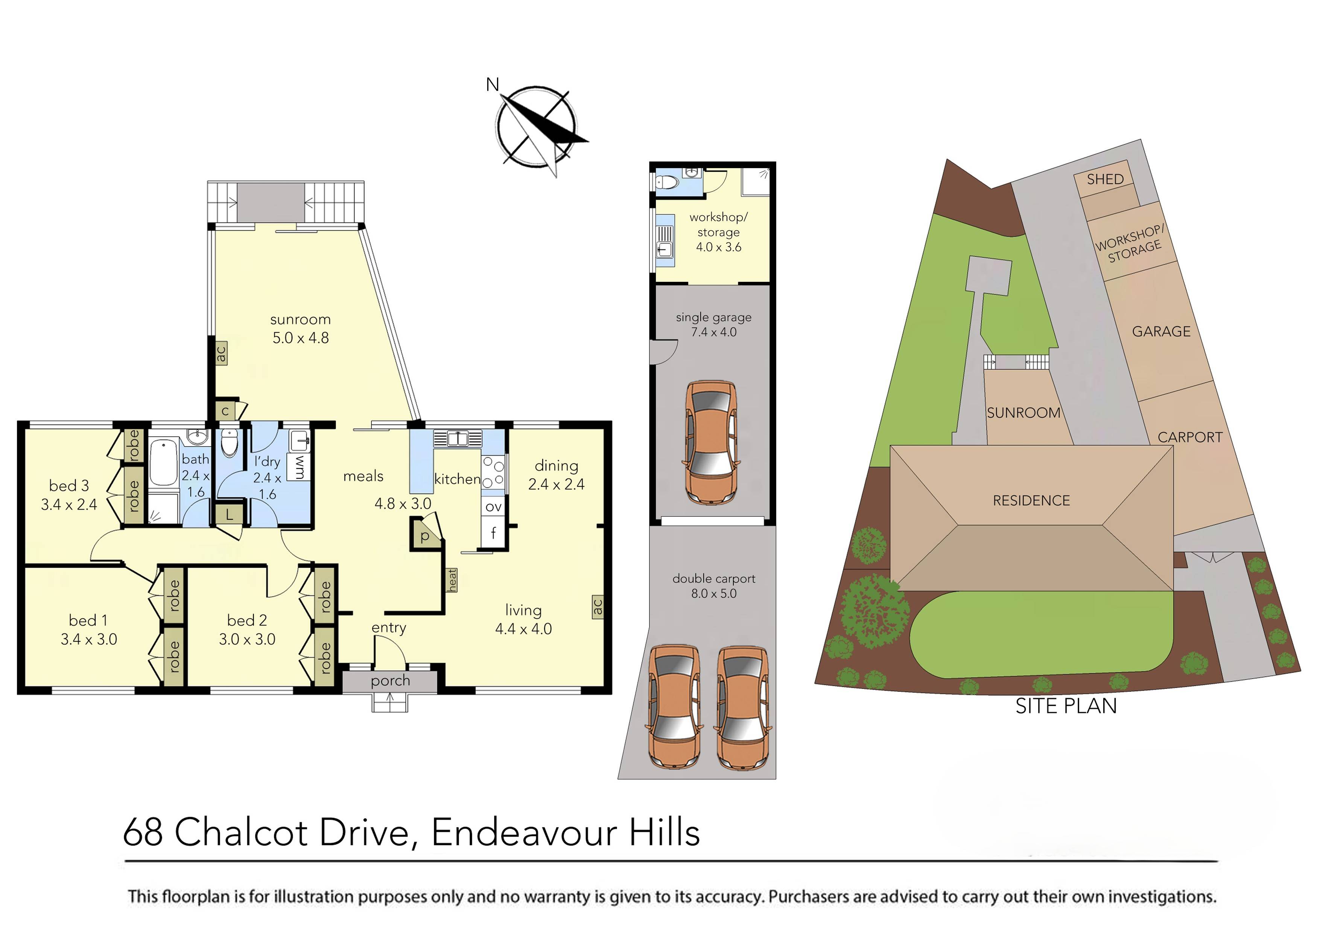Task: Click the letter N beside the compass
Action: tap(492, 85)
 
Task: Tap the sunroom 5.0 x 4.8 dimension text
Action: tap(300, 338)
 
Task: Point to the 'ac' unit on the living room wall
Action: tap(597, 606)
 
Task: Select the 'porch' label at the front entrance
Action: tap(390, 681)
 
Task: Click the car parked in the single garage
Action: tap(710, 443)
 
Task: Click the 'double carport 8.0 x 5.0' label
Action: tap(713, 586)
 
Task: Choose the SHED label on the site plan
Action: tap(1104, 179)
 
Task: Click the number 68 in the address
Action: tap(143, 832)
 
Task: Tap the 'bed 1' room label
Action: tap(88, 620)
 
